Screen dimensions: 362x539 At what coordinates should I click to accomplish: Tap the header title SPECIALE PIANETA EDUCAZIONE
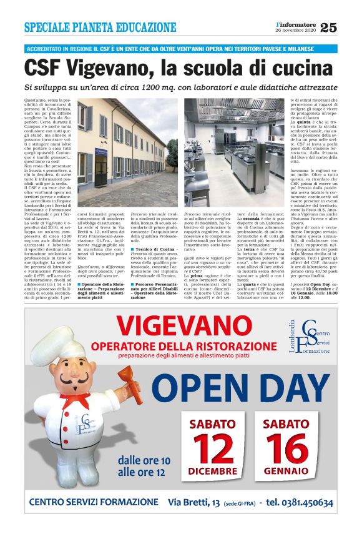tap(100, 27)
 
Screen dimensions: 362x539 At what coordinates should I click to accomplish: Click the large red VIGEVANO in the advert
tap(185, 326)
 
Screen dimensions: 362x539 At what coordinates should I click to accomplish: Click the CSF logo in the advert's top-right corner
tap(316, 334)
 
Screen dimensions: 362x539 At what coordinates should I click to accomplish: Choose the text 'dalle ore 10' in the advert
tap(144, 461)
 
